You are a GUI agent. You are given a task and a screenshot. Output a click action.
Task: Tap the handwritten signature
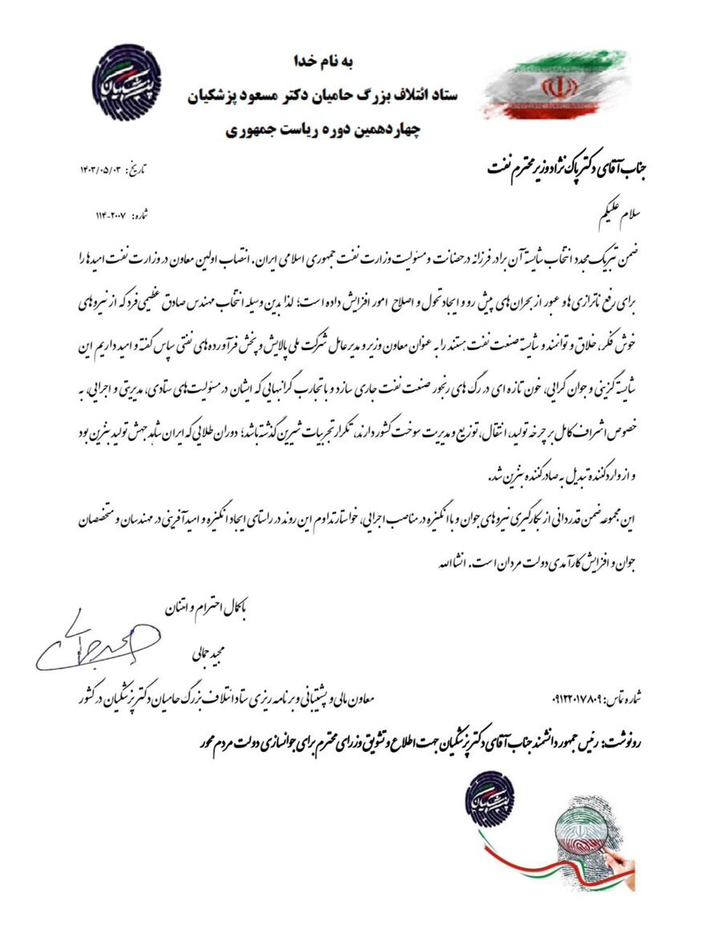coord(92,645)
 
